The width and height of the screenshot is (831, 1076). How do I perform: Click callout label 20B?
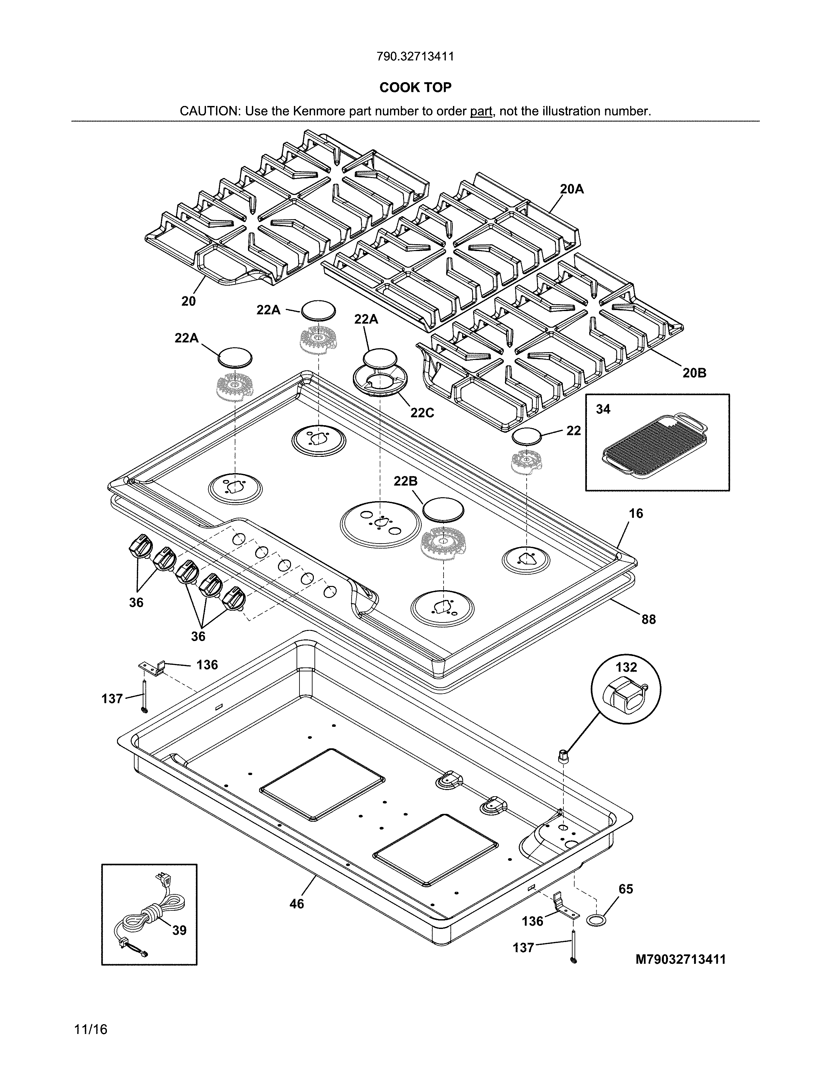coord(694,373)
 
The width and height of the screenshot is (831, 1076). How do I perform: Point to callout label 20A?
coord(572,189)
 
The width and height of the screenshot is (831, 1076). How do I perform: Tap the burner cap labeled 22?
coord(527,436)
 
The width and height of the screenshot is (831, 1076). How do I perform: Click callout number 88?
coord(649,619)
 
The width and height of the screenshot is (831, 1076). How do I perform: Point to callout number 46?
coord(296,904)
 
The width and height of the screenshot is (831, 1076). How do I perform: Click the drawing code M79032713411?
coord(681,959)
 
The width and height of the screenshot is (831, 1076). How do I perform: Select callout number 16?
coord(635,513)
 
